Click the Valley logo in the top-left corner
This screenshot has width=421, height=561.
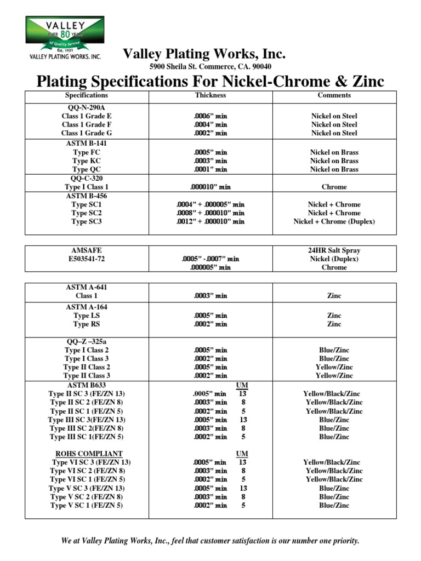tap(65, 37)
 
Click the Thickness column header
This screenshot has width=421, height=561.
tap(210, 95)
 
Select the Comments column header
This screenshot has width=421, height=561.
tap(334, 95)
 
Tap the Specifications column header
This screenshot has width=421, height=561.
tap(87, 95)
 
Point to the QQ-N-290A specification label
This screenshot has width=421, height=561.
tap(87, 107)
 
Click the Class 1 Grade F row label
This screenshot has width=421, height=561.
tap(87, 124)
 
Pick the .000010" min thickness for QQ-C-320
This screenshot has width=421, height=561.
tap(210, 187)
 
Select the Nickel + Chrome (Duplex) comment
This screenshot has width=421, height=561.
tap(334, 222)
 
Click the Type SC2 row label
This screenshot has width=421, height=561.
tap(87, 213)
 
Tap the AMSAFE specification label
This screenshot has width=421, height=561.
tap(87, 250)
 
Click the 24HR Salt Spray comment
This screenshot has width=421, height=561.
tap(334, 250)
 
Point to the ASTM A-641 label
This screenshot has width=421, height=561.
tap(87, 287)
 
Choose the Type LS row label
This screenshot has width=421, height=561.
tap(87, 316)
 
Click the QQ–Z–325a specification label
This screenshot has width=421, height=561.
tap(87, 341)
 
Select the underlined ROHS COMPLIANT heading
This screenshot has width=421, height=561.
tap(87, 454)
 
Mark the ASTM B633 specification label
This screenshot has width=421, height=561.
tap(87, 385)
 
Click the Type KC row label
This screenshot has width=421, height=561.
tap(87, 161)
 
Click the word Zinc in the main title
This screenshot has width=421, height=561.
tap(363, 82)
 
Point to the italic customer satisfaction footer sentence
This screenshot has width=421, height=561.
tap(210, 541)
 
